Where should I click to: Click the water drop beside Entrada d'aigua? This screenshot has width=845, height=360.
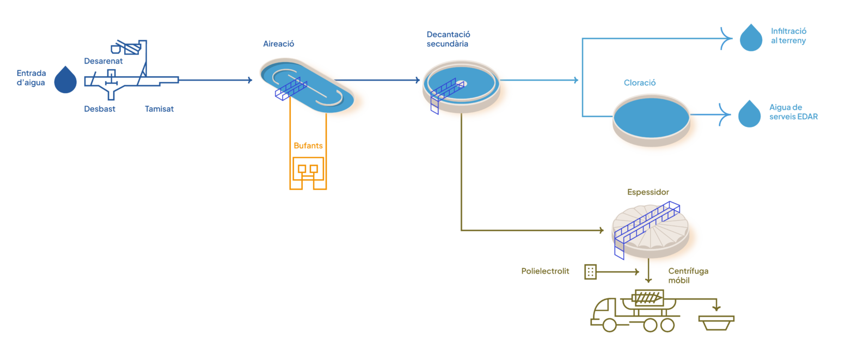[65, 80]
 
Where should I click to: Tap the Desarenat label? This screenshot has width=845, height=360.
[103, 61]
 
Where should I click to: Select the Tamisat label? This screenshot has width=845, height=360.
[160, 109]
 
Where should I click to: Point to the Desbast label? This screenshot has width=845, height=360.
[100, 109]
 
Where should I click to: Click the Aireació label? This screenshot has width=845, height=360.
[279, 44]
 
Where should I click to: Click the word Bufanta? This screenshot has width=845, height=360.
[308, 146]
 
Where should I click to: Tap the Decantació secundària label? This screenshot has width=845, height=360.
[448, 39]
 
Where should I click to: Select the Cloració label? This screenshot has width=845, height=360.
[640, 83]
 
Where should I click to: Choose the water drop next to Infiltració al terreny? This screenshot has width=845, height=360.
[751, 38]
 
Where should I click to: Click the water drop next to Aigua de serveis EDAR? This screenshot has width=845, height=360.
[749, 114]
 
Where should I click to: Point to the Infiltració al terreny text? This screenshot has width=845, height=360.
[789, 36]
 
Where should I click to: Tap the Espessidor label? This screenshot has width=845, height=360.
[648, 192]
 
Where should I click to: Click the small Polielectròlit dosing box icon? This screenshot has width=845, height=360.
[591, 271]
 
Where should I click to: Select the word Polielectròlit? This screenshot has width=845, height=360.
[545, 271]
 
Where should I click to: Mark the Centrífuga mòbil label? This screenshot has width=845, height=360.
[688, 276]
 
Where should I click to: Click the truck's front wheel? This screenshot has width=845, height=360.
[610, 325]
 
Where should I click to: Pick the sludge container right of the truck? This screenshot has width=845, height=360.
[717, 322]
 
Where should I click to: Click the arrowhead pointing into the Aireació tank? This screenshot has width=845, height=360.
[250, 81]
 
